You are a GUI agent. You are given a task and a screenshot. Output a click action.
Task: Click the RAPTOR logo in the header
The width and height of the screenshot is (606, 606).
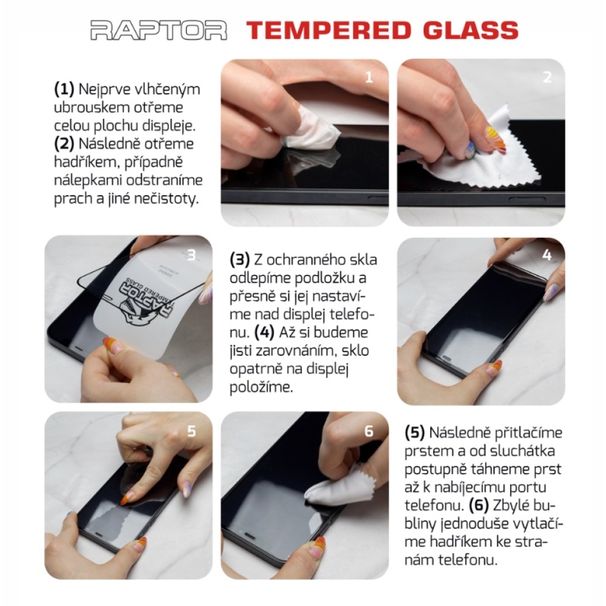[x=159, y=30]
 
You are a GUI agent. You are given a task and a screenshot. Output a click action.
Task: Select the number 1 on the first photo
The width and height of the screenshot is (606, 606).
[x=370, y=78]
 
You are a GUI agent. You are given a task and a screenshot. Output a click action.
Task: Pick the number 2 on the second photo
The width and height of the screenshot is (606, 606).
[x=547, y=78]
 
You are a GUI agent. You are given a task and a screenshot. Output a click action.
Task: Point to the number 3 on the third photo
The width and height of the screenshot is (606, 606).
[x=191, y=256]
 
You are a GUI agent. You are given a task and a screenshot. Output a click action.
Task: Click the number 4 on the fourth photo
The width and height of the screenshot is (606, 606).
[x=547, y=255]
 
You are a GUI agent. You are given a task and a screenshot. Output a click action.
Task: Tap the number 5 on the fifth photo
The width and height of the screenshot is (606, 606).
[x=191, y=431]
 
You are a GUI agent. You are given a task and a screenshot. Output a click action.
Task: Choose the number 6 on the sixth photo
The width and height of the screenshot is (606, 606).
[x=369, y=431]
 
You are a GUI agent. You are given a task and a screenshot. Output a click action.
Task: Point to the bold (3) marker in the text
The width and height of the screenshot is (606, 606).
[x=240, y=260]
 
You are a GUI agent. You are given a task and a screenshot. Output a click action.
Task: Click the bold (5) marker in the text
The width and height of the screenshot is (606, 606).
[x=415, y=433]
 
